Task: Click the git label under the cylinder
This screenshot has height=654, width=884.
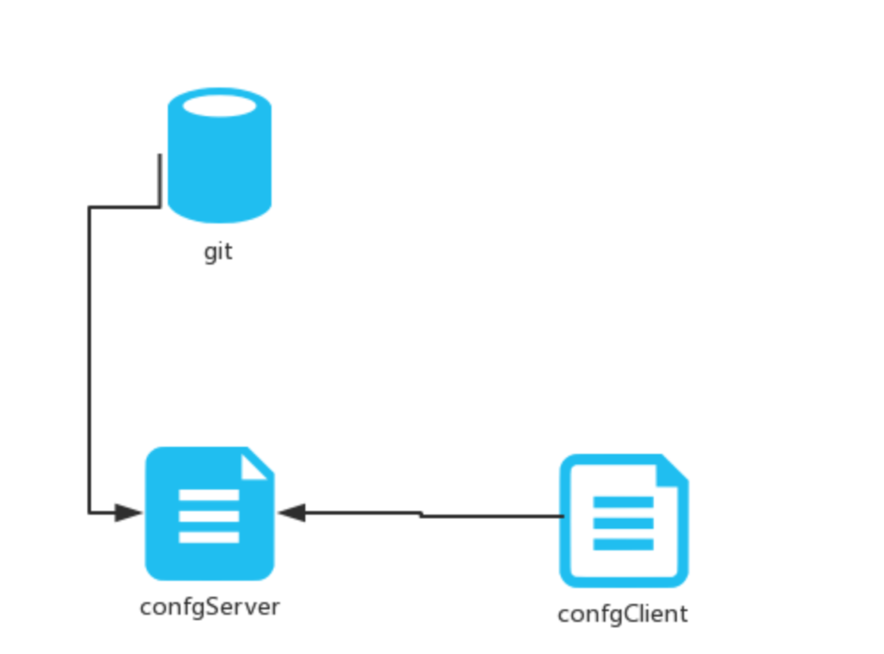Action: [218, 252]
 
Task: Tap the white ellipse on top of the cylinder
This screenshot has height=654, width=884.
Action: [219, 106]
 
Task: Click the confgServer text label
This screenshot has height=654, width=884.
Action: [210, 607]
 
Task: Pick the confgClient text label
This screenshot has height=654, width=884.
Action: [622, 614]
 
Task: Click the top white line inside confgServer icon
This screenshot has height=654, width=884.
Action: [209, 495]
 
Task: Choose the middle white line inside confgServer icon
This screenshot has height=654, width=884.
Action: [209, 516]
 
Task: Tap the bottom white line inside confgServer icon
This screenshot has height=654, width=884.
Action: [209, 537]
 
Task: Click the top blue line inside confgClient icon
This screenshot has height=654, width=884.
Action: [623, 502]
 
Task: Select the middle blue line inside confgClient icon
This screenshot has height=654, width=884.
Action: [623, 523]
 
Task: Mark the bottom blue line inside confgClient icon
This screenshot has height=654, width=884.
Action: [623, 545]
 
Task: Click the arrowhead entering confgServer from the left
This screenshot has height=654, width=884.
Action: [128, 512]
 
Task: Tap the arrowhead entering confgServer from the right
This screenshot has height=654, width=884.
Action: [293, 512]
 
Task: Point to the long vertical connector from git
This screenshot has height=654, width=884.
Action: [89, 358]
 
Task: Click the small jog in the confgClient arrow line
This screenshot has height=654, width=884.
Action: [421, 514]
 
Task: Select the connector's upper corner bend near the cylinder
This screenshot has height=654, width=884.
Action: [160, 207]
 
